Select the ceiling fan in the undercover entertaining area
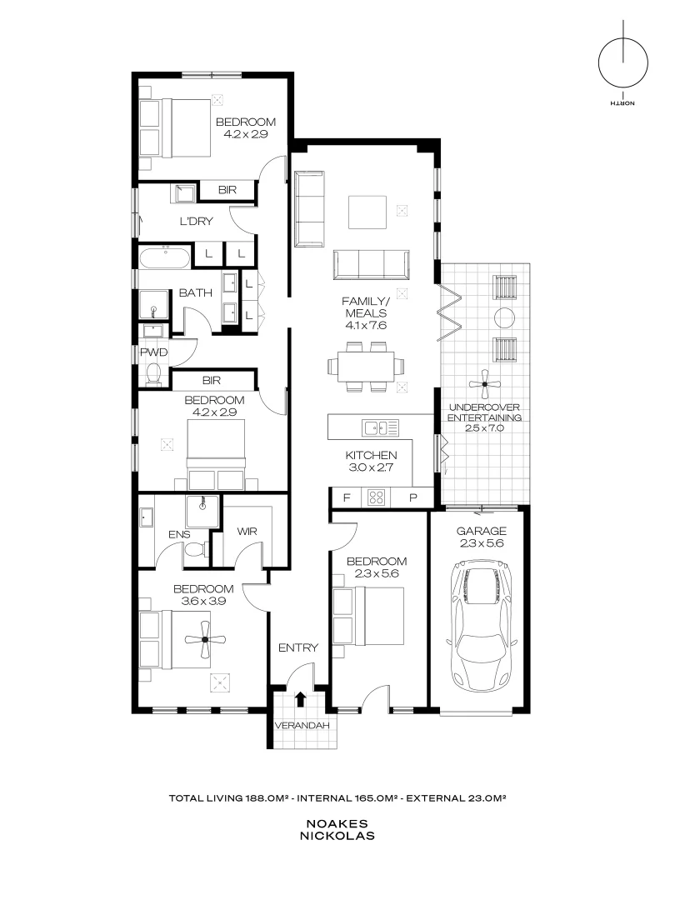pyautogui.click(x=484, y=384)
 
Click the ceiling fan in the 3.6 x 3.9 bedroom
pyautogui.click(x=204, y=640)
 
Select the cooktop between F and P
pyautogui.click(x=376, y=497)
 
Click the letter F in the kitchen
pyautogui.click(x=346, y=497)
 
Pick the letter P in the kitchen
pyautogui.click(x=412, y=497)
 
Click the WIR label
pyautogui.click(x=247, y=530)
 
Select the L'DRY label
pyautogui.click(x=197, y=222)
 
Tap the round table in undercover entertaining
pyautogui.click(x=505, y=317)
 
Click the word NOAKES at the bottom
pyautogui.click(x=337, y=821)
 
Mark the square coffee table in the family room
pyautogui.click(x=367, y=212)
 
